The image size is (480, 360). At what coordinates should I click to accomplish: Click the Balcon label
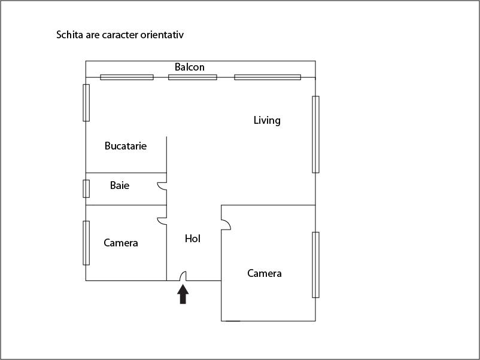[190, 67]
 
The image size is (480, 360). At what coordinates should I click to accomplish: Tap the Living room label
[267, 120]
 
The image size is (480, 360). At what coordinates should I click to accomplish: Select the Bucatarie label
[126, 145]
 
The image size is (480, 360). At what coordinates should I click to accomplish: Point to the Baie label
[120, 185]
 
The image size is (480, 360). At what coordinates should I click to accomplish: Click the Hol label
[193, 239]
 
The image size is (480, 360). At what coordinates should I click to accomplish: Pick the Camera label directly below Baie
[121, 243]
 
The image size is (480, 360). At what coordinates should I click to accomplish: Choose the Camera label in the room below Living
[265, 273]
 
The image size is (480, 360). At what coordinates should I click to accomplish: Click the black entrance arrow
[183, 294]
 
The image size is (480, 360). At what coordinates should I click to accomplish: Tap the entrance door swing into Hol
[183, 276]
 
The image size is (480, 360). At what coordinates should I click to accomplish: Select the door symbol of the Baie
[162, 186]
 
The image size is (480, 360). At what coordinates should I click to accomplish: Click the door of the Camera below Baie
[162, 221]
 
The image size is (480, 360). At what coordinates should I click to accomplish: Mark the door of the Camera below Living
[226, 224]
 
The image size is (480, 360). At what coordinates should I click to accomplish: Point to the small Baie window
[86, 189]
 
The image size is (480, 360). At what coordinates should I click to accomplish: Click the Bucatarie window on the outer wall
[86, 103]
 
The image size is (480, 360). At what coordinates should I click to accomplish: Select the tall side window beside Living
[315, 135]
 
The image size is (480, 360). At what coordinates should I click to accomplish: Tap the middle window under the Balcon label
[193, 77]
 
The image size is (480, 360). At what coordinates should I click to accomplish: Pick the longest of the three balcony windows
[268, 77]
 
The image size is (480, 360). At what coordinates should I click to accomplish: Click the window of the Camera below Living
[315, 265]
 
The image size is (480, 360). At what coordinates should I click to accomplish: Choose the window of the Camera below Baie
[86, 243]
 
